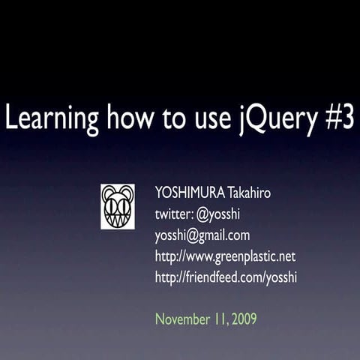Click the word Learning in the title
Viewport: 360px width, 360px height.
coord(51,119)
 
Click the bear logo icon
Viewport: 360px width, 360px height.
coord(118,206)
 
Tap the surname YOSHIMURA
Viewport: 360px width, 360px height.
coord(190,193)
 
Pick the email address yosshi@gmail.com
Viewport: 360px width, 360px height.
coord(202,235)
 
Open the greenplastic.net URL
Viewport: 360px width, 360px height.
coord(225,256)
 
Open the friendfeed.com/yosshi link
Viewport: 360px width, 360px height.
coord(226,277)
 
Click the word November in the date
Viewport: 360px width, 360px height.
coord(181,319)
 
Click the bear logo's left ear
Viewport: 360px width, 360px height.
coord(106,190)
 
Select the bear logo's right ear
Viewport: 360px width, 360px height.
coord(128,190)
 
